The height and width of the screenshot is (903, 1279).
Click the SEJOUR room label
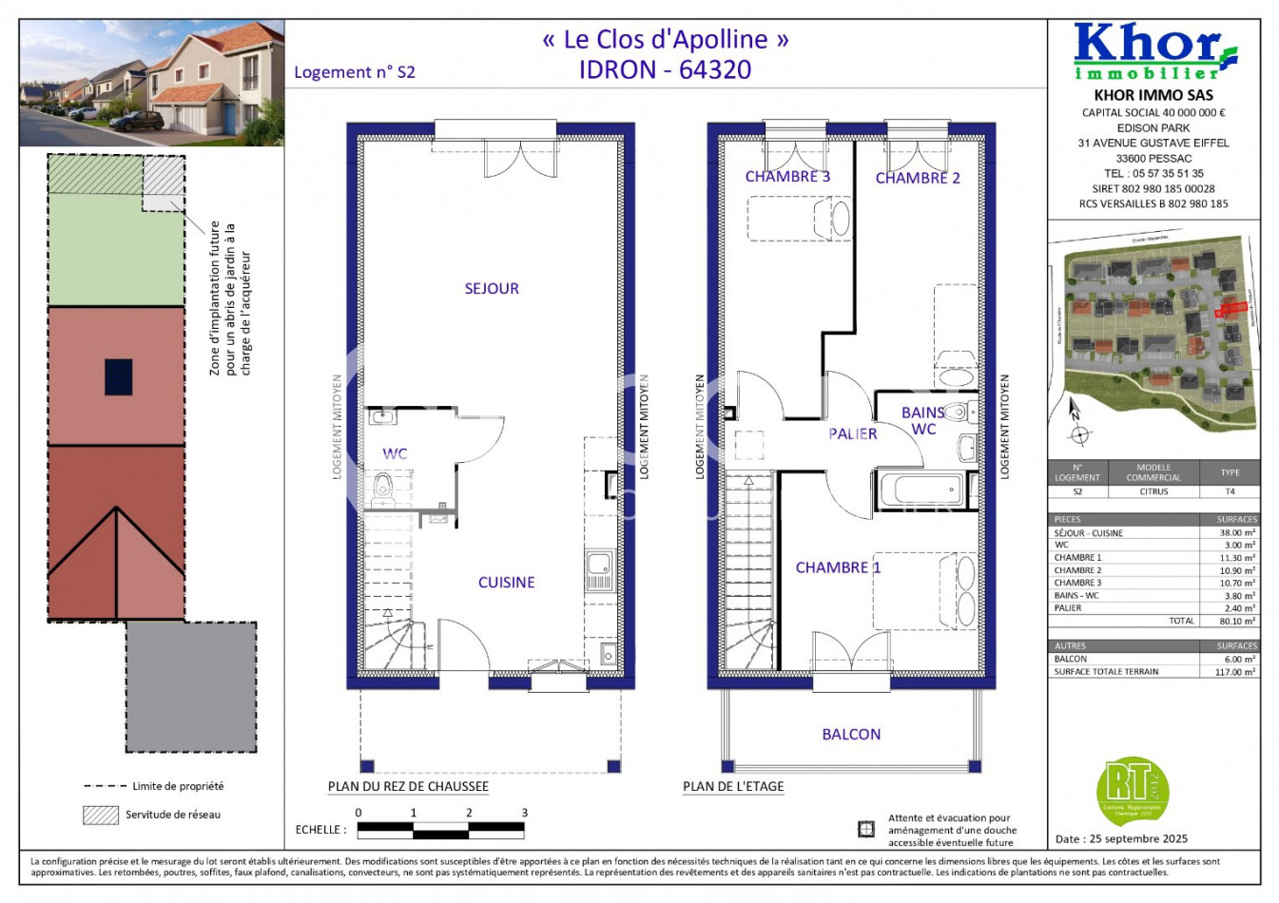tap(492, 289)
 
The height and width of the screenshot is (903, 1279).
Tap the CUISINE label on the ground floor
tap(506, 583)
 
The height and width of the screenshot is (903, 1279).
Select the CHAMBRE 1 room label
tap(838, 567)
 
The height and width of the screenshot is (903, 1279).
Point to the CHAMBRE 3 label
tap(787, 177)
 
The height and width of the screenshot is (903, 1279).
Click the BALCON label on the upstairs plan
tap(851, 735)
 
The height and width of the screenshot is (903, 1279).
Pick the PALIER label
tap(852, 434)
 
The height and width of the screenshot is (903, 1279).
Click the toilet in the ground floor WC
tap(383, 487)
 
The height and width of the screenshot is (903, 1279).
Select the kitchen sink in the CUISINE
tap(599, 568)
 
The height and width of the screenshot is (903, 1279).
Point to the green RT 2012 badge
tap(1131, 790)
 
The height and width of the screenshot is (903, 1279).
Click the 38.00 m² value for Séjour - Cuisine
tap(1236, 533)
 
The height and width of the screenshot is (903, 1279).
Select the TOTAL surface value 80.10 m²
tap(1236, 621)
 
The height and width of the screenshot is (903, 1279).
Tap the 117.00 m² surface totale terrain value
tap(1235, 672)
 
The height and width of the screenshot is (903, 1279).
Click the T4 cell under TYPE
tap(1230, 491)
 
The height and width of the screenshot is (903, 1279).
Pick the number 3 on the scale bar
tap(524, 813)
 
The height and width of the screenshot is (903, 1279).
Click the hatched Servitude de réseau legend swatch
tap(100, 815)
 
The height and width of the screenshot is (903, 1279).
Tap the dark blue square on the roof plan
tap(118, 376)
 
